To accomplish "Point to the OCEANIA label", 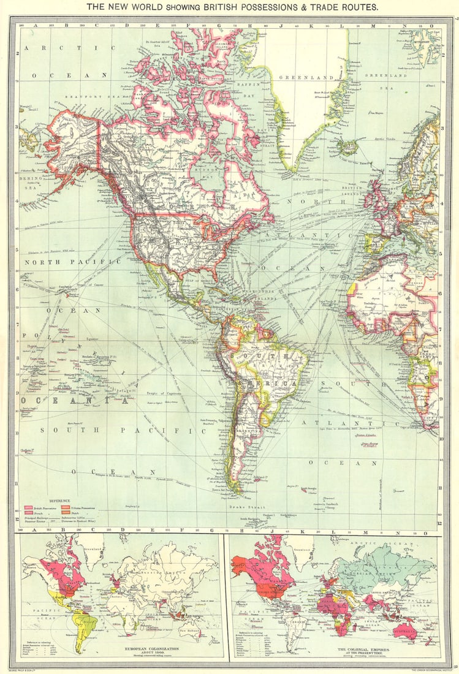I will (x=77, y=401).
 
